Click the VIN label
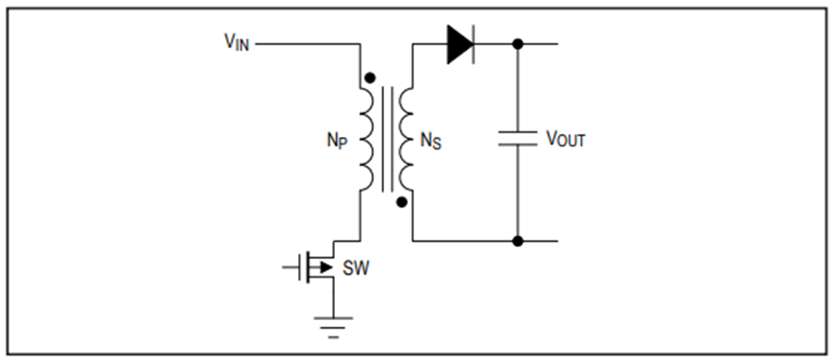point(236,43)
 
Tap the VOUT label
point(566,139)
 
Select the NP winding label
point(337,141)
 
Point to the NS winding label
point(430,141)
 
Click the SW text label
point(355,268)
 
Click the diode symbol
point(461,44)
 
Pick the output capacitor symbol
point(517,138)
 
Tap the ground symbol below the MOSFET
point(333,327)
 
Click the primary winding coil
point(367,139)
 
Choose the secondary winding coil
point(406,139)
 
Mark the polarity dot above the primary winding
point(370,78)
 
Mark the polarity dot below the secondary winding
point(403,202)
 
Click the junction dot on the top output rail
point(517,44)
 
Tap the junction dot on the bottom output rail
point(517,241)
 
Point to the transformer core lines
point(386,139)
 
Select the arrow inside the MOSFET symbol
point(325,267)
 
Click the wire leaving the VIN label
point(308,44)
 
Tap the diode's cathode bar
point(473,44)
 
